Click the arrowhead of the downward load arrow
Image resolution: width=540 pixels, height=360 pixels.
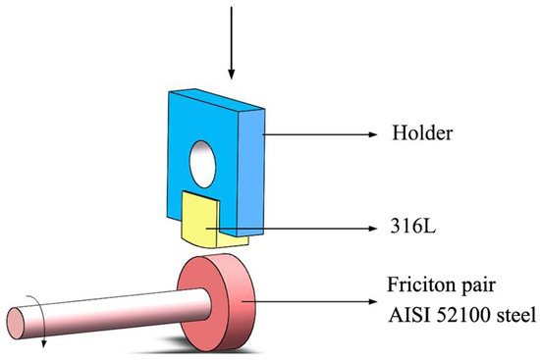tap(232, 74)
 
